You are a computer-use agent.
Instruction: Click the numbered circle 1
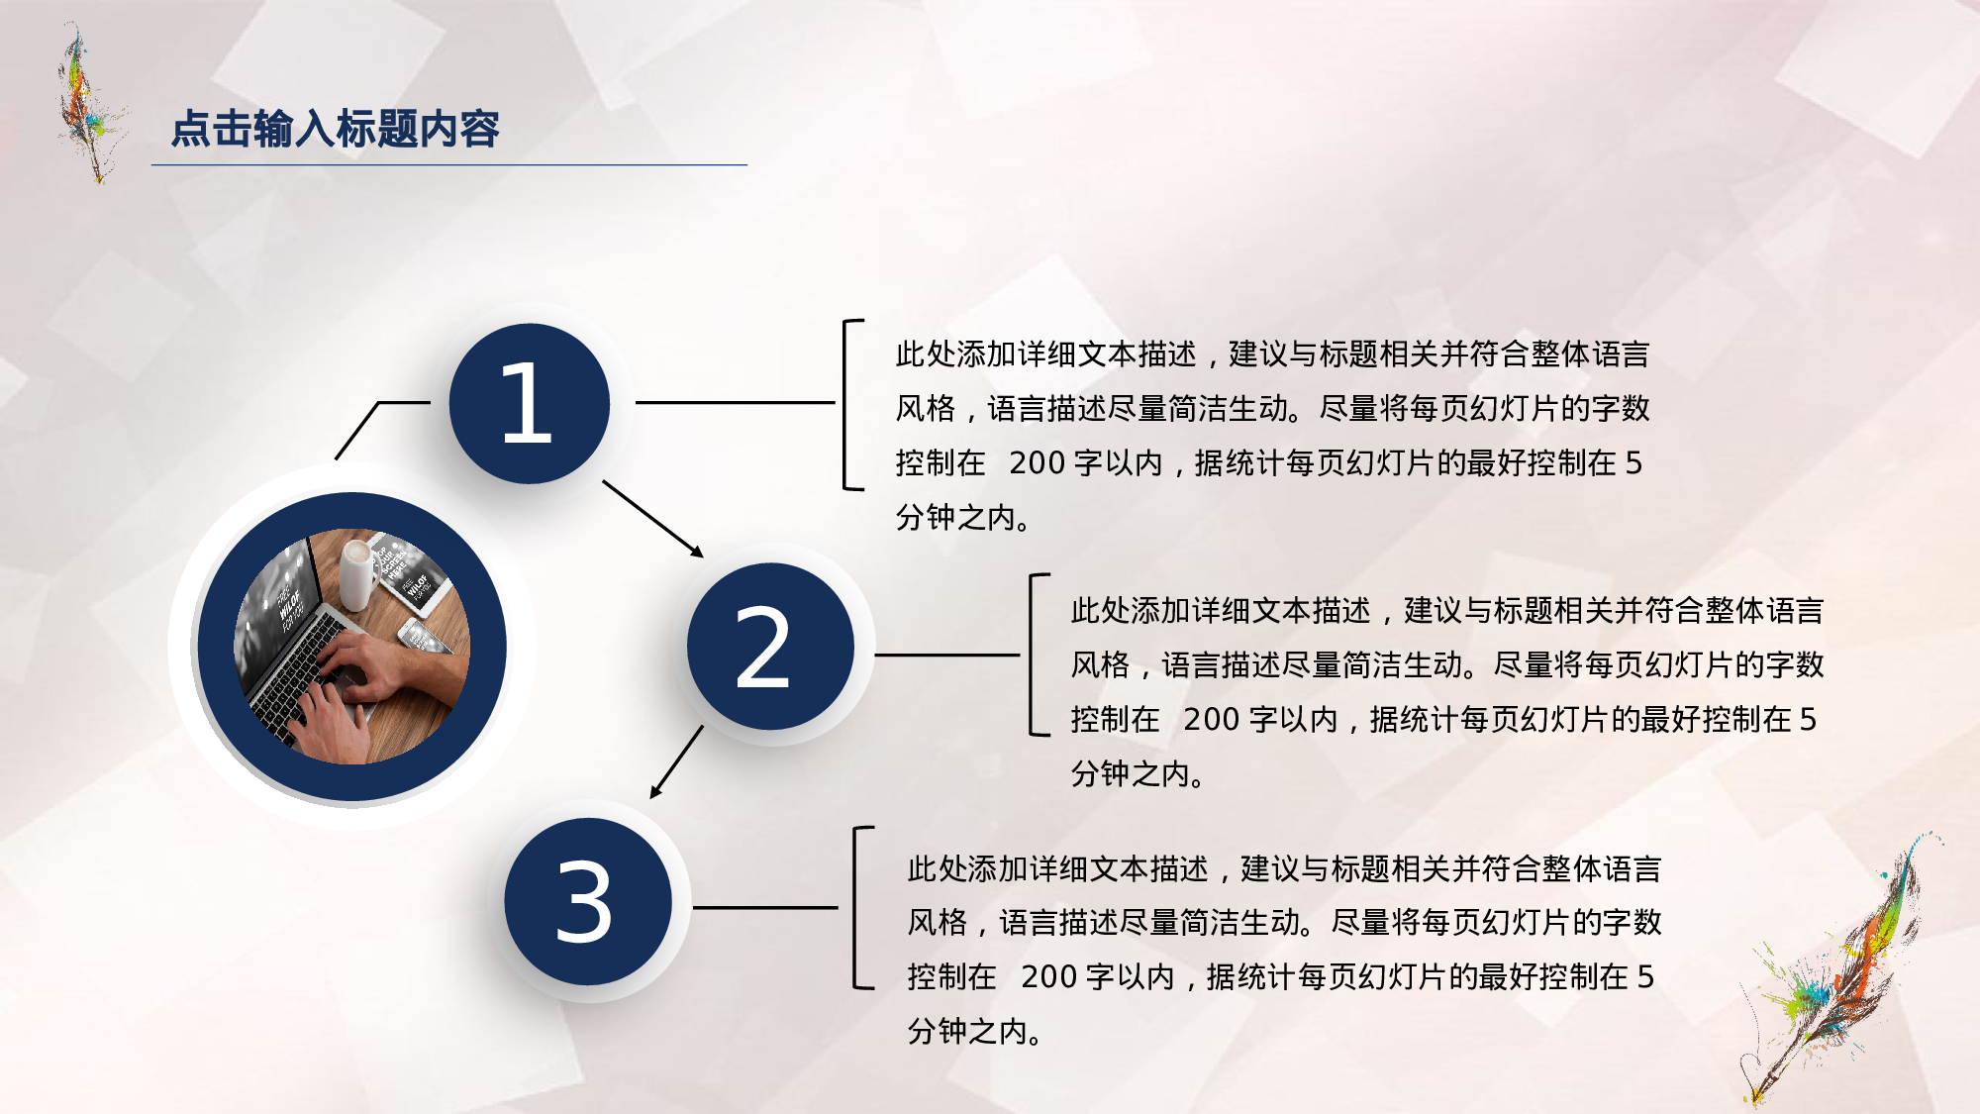pyautogui.click(x=529, y=403)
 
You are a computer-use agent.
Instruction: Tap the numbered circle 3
pyautogui.click(x=588, y=901)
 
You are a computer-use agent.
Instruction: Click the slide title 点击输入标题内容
pyautogui.click(x=335, y=129)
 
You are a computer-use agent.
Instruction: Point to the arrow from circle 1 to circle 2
pyautogui.click(x=652, y=519)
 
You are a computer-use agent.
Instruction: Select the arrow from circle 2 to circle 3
pyautogui.click(x=677, y=761)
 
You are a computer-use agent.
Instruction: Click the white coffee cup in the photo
pyautogui.click(x=357, y=573)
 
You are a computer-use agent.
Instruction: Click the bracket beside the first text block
pyautogui.click(x=847, y=404)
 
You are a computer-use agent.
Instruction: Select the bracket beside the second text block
pyautogui.click(x=1034, y=655)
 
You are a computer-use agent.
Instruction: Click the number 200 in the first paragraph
pyautogui.click(x=1037, y=462)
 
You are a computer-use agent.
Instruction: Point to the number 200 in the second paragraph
pyautogui.click(x=1211, y=719)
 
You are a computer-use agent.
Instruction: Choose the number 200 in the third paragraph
pyautogui.click(x=1048, y=976)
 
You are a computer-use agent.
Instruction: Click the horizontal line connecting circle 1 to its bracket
pyautogui.click(x=735, y=403)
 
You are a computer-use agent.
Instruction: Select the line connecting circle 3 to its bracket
pyautogui.click(x=764, y=907)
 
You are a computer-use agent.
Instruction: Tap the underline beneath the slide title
pyautogui.click(x=448, y=164)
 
